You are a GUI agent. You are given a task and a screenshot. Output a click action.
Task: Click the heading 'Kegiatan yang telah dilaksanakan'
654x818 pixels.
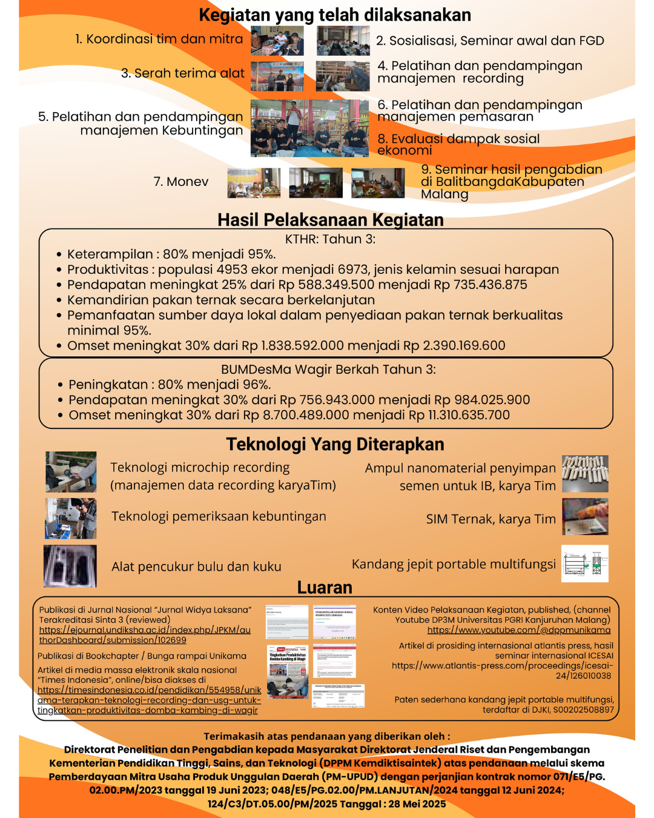pos(335,15)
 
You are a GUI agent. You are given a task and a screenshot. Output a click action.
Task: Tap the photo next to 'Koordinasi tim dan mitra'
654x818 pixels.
pos(277,41)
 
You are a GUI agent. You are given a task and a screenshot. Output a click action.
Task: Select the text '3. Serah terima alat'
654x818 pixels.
pos(182,73)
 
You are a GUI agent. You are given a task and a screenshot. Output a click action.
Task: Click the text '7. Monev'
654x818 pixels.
pos(180,182)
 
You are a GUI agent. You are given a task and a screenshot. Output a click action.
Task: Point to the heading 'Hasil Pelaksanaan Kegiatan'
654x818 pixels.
pos(331,219)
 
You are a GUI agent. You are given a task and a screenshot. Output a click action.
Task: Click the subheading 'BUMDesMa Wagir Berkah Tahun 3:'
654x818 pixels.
pos(328,370)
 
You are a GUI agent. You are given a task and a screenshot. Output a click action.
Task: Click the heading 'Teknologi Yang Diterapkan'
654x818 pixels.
pos(335,444)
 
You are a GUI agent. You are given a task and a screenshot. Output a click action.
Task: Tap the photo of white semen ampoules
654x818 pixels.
pos(584,473)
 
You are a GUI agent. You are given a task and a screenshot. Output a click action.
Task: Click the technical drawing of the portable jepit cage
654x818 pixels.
pos(584,564)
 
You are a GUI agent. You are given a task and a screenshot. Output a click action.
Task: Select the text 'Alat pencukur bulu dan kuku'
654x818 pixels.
pos(196,567)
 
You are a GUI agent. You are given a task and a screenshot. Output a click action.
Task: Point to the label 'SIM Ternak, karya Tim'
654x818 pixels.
pos(490,519)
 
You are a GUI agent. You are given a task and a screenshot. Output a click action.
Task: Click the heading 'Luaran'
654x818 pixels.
pos(325,588)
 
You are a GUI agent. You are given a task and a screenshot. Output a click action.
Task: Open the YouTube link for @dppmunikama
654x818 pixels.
pos(518,630)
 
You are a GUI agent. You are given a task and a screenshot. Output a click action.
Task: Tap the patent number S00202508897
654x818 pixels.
pos(578,710)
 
